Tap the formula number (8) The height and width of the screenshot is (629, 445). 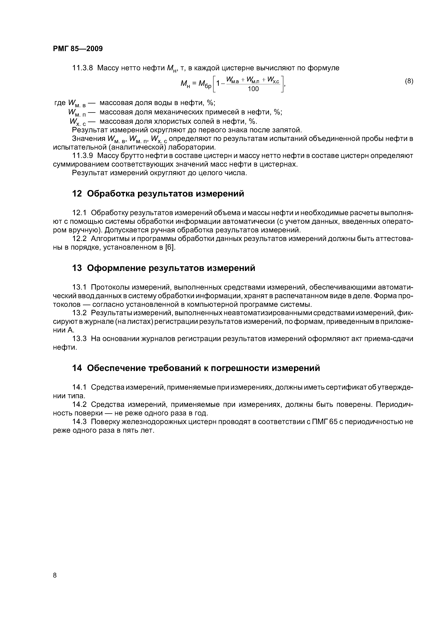coord(409,81)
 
